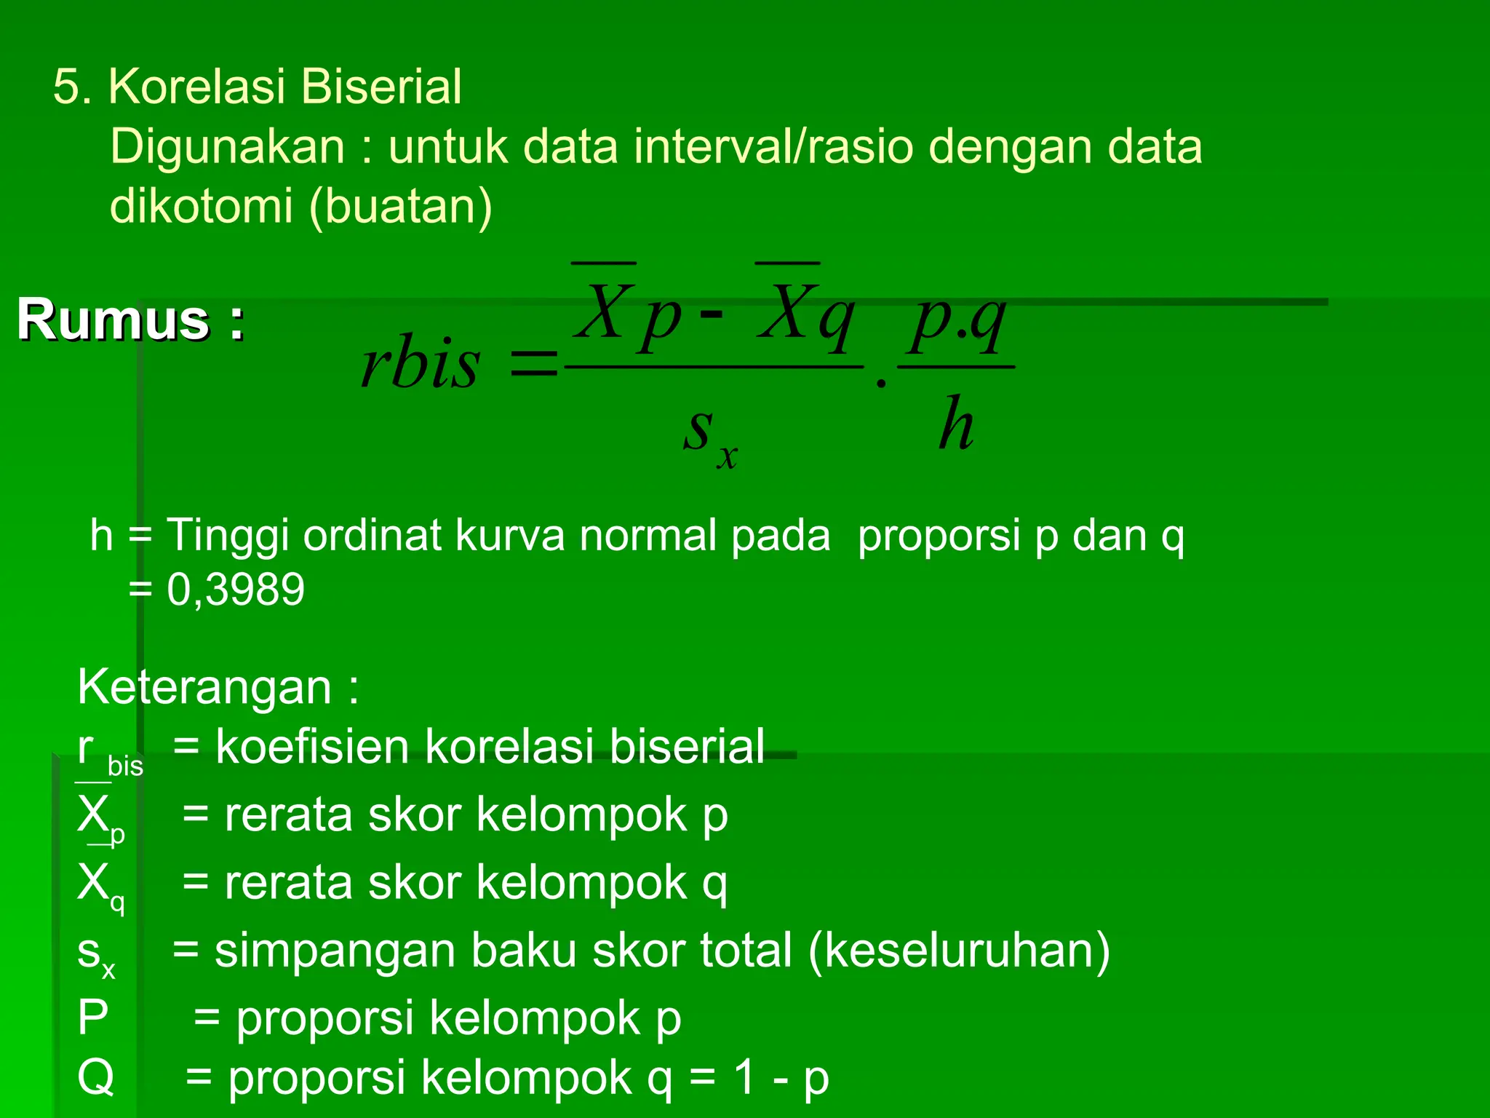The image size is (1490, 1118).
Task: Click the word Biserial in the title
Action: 381,87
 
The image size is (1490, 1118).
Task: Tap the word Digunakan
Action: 227,147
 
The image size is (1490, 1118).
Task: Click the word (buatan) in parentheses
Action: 401,207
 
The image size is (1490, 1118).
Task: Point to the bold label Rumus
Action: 113,320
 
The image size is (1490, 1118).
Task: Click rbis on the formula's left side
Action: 421,364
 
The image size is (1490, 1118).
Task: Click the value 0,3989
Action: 235,590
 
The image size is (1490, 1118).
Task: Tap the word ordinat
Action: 372,536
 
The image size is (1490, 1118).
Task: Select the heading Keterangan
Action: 204,687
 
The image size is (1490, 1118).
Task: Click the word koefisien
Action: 312,747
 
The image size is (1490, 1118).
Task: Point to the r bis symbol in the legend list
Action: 109,753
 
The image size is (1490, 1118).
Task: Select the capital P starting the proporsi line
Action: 93,1018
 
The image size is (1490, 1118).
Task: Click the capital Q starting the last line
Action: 95,1078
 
